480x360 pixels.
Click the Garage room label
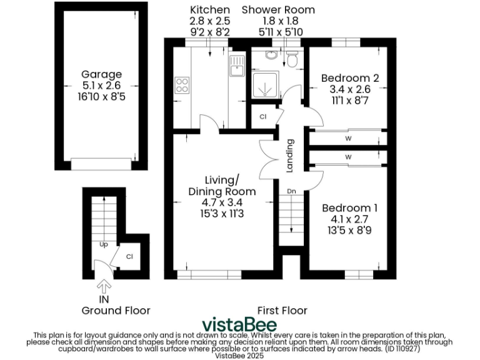coord(102,74)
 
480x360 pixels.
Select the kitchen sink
coord(237,66)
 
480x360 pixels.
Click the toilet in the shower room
coord(291,59)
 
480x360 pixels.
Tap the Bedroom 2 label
coord(350,78)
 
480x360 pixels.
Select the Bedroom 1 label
coord(350,207)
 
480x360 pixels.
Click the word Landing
coord(290,156)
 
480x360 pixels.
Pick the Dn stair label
coord(291,191)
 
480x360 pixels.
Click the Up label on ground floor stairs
coord(103,245)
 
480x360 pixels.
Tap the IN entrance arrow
coord(104,286)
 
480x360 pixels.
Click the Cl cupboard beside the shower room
coord(262,117)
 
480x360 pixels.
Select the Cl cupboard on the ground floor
coord(130,256)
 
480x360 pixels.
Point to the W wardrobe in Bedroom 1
coord(347,156)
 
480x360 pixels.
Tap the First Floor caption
coord(282,310)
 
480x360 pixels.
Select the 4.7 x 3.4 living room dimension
coord(222,202)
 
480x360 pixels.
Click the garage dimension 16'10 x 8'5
coord(102,97)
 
